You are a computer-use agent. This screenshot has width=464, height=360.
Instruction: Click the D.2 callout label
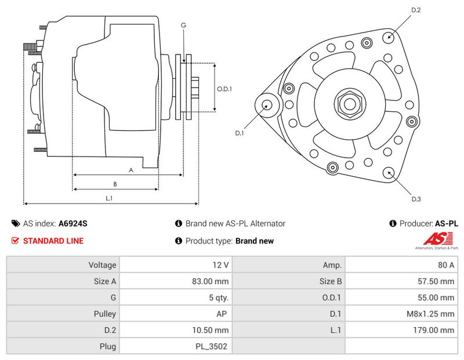tap(416, 10)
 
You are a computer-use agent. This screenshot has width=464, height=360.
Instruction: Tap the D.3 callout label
tap(416, 199)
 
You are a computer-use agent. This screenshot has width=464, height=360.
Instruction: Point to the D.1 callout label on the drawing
tap(239, 133)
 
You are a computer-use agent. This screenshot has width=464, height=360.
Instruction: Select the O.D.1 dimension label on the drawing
tap(224, 89)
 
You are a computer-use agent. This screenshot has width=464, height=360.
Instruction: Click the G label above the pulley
tap(183, 26)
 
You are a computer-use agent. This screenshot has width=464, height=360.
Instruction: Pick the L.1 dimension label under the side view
tap(109, 198)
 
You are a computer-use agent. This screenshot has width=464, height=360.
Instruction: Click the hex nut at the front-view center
tap(350, 104)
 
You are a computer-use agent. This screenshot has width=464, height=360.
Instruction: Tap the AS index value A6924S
tap(73, 223)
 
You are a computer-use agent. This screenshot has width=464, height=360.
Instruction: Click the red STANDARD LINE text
tap(53, 241)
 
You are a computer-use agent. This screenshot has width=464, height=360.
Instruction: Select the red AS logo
tap(438, 239)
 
